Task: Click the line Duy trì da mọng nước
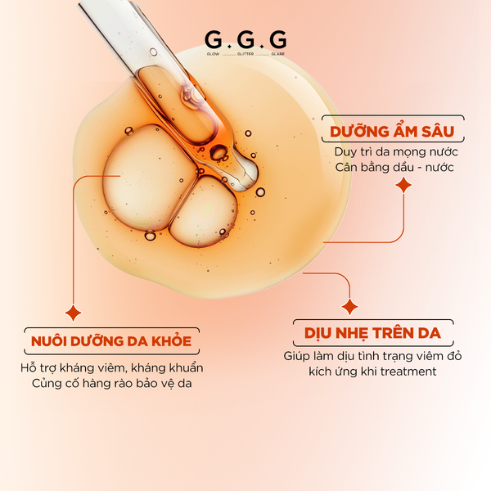pyautogui.click(x=396, y=152)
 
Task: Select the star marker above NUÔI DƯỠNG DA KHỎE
pyautogui.click(x=73, y=313)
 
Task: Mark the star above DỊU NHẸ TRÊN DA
pyautogui.click(x=349, y=307)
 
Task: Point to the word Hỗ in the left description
pyautogui.click(x=29, y=367)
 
